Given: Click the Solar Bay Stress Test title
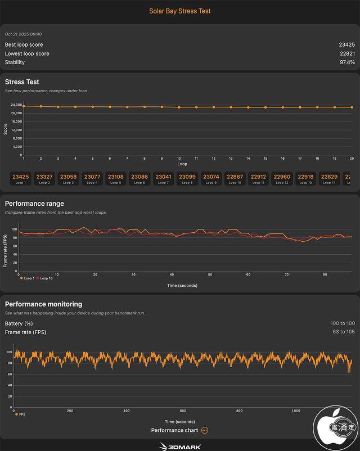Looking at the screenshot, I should pyautogui.click(x=180, y=11).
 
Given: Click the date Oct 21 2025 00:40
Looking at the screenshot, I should pyautogui.click(x=23, y=34).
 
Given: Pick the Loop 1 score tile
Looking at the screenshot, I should pyautogui.click(x=21, y=179).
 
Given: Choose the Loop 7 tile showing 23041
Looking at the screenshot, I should pyautogui.click(x=163, y=179).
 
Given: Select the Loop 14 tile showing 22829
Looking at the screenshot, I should pyautogui.click(x=328, y=179).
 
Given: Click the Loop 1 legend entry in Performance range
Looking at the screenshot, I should pyautogui.click(x=28, y=278).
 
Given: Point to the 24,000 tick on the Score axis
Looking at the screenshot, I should pyautogui.click(x=16, y=105).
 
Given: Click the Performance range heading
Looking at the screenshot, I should pyautogui.click(x=34, y=204).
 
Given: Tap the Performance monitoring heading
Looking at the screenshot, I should pyautogui.click(x=43, y=304).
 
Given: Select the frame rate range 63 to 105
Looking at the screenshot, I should pyautogui.click(x=343, y=332).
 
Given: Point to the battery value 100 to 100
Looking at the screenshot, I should pyautogui.click(x=343, y=323).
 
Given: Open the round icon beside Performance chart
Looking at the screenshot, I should pyautogui.click(x=205, y=430).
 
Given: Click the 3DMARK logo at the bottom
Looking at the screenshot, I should pyautogui.click(x=180, y=445).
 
